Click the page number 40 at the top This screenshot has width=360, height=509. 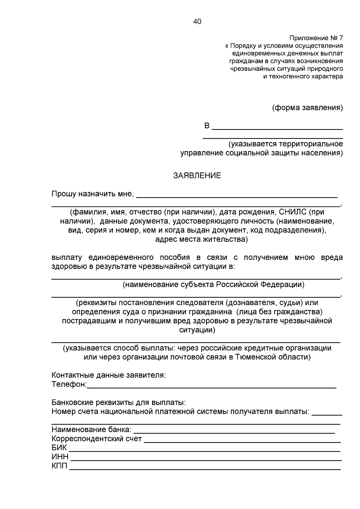[197, 22]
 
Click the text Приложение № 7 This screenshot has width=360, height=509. [316, 38]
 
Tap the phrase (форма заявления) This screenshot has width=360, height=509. [307, 108]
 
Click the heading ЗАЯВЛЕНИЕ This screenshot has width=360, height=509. [197, 176]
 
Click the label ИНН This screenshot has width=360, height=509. [60, 457]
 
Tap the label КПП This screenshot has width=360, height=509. [60, 466]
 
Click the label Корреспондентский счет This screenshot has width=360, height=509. [97, 439]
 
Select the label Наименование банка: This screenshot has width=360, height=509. [91, 430]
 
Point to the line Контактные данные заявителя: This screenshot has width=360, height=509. [109, 375]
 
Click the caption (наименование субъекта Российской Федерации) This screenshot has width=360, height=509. [213, 284]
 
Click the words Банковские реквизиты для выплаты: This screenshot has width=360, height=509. [118, 402]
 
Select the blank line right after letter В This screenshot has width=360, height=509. [277, 128]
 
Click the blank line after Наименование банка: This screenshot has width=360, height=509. [234, 432]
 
